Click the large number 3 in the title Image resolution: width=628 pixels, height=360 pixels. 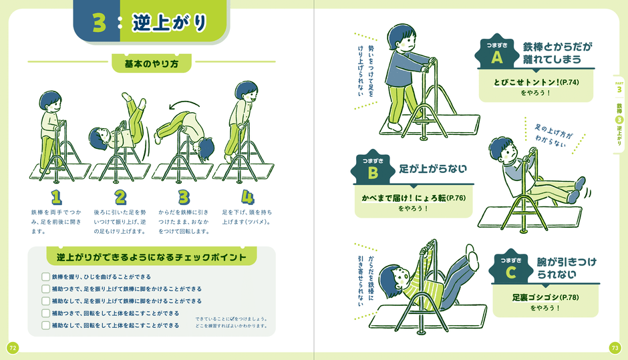coord(99,23)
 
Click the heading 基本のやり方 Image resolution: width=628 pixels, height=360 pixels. coord(151,64)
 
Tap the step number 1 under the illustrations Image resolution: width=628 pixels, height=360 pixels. coord(57,196)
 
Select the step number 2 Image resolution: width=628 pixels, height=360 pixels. coord(120,196)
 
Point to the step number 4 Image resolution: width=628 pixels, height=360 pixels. coord(248,196)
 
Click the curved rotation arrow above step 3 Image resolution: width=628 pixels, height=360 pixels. coord(183,104)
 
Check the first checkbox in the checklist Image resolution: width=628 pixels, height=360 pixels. coord(45,277)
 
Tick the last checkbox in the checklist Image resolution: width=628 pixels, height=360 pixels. coord(45,325)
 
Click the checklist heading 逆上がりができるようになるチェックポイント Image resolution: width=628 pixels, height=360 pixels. coord(152,257)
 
